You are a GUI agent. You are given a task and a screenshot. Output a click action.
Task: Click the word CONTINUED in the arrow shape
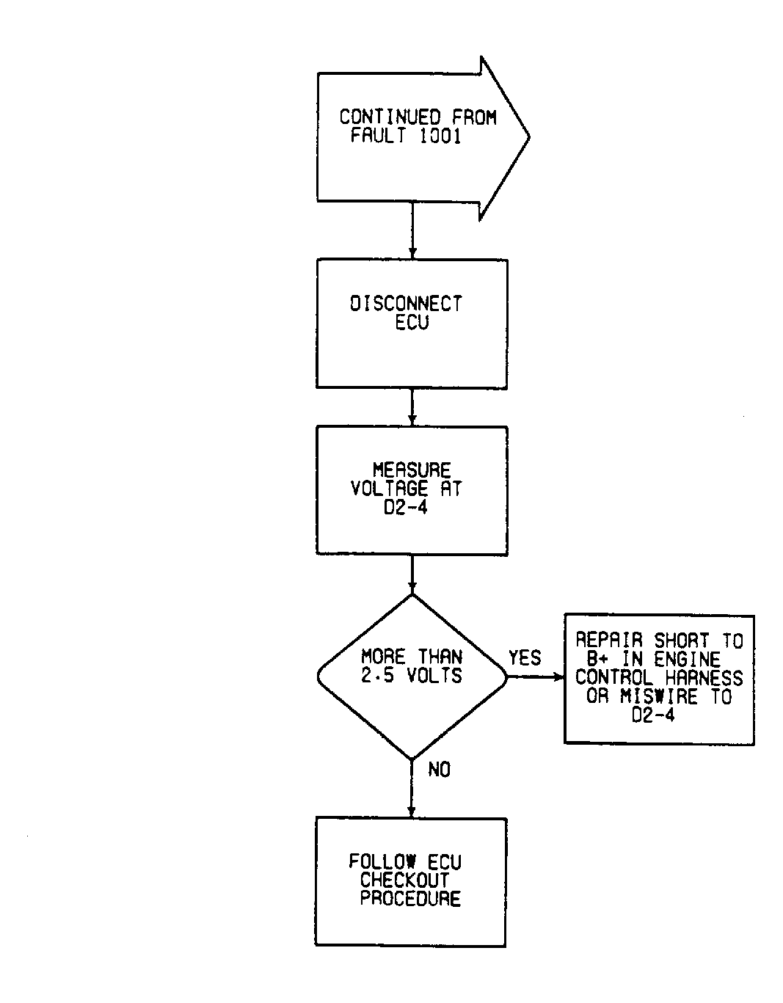point(390,117)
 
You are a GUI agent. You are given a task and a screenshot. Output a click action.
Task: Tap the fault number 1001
point(440,136)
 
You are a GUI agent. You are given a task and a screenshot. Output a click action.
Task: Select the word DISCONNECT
point(406,304)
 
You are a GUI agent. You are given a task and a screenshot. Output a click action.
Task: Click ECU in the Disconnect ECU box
point(412,322)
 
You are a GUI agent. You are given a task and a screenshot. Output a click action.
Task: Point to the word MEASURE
point(412,470)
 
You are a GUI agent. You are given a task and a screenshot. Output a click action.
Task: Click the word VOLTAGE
point(390,489)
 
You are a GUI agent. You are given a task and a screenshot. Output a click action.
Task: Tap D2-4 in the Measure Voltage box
point(406,507)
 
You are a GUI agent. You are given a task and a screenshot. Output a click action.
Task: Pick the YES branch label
point(525,657)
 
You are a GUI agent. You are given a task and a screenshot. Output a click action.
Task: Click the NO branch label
point(439,770)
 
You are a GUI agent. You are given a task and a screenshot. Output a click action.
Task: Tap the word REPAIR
point(609,641)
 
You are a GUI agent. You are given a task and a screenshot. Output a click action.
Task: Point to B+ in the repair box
point(597,659)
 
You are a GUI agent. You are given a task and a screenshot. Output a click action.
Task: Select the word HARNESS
point(704,678)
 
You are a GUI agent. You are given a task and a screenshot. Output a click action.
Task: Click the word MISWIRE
point(659,696)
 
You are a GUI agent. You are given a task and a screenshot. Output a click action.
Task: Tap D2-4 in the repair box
point(653,715)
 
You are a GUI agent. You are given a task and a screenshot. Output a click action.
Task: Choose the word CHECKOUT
point(405,880)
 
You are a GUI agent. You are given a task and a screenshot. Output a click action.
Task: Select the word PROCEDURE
point(410,899)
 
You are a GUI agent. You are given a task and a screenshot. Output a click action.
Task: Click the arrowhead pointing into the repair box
point(560,677)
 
